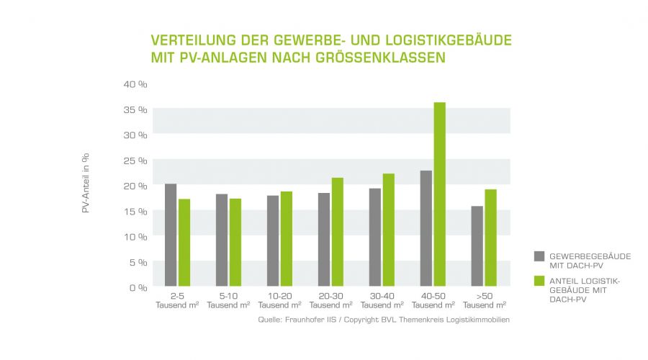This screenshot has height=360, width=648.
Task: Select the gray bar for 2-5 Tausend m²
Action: tap(171, 235)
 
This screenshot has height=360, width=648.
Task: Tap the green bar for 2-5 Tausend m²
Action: tap(184, 243)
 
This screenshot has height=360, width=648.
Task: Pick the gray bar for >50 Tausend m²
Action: tap(477, 246)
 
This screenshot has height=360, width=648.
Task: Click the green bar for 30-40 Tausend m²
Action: tap(388, 230)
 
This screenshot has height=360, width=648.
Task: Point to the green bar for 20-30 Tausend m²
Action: tap(337, 232)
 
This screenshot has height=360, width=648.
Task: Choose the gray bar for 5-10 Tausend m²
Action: tap(222, 240)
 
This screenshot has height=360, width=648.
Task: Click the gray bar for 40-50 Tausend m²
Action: tap(426, 228)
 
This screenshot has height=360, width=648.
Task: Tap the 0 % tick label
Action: tap(138, 287)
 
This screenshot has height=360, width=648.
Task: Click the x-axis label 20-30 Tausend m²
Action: tap(331, 300)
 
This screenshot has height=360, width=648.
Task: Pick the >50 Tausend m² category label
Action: tap(484, 300)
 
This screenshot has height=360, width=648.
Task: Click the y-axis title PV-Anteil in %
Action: tap(85, 186)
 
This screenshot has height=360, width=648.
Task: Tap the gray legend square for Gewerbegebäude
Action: tap(539, 256)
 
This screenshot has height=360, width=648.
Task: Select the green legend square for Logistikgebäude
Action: tap(539, 280)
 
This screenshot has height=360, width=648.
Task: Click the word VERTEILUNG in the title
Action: tap(188, 39)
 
